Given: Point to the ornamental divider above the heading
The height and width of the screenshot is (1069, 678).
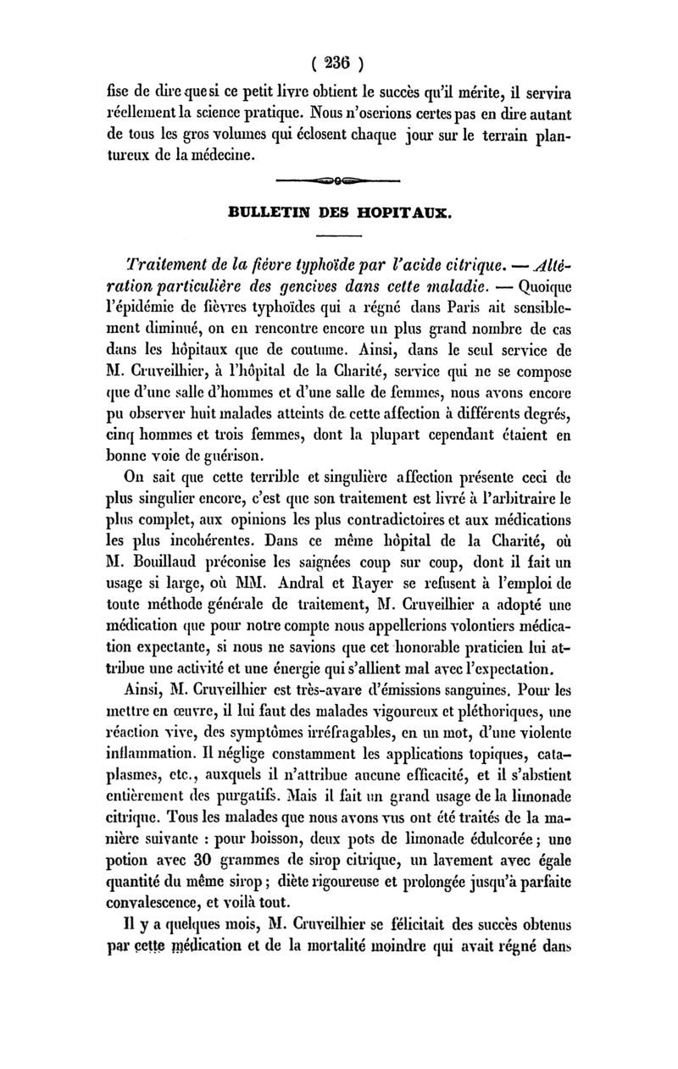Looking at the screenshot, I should (339, 181).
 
